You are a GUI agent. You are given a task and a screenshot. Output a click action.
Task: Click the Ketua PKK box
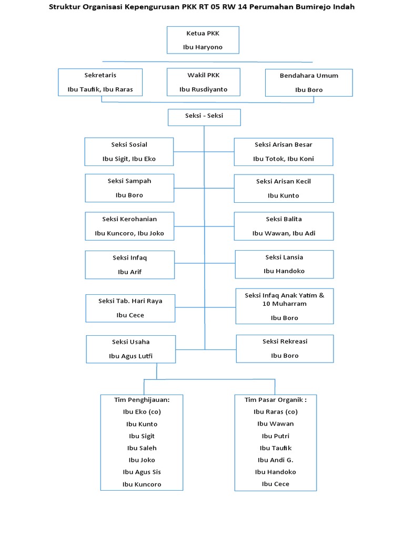[203, 40]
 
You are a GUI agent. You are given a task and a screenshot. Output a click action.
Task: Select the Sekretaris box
[100, 82]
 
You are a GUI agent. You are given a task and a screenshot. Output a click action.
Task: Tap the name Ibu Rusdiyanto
[203, 89]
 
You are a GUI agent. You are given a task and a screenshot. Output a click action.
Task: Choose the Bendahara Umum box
[309, 82]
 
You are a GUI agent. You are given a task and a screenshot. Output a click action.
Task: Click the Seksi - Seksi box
[204, 117]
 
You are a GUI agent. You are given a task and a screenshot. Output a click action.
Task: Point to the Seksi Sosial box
[129, 152]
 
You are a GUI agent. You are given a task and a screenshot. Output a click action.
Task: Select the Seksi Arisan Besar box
[284, 152]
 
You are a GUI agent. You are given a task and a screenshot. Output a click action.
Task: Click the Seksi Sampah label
[129, 181]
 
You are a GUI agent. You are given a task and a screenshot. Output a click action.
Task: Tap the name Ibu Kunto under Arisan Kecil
[283, 195]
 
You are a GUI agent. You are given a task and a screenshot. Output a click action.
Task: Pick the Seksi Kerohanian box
[129, 226]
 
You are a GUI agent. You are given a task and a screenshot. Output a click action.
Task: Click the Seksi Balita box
[284, 226]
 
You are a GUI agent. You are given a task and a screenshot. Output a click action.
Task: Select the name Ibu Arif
[129, 272]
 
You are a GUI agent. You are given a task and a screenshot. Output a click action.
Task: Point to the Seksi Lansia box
[284, 264]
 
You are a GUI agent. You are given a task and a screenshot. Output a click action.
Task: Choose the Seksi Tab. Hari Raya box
[130, 308]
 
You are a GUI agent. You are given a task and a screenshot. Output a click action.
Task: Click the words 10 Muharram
[285, 304]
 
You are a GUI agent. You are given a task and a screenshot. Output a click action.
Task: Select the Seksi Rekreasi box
[285, 348]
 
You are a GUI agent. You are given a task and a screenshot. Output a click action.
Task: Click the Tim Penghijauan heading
[142, 400]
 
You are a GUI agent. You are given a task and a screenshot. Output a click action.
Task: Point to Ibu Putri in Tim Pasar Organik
[276, 436]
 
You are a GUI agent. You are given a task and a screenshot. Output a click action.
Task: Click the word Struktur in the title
[67, 7]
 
